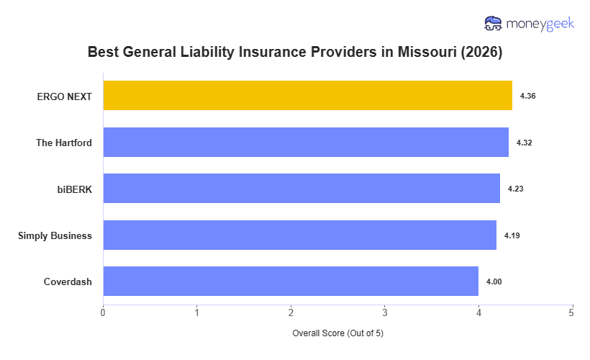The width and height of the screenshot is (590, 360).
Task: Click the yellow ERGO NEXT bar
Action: pyautogui.click(x=307, y=96)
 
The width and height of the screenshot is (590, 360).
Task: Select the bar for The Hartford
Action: pyautogui.click(x=306, y=143)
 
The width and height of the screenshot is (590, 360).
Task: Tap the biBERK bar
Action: pyautogui.click(x=301, y=189)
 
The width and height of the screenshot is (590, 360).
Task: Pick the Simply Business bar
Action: pyautogui.click(x=299, y=235)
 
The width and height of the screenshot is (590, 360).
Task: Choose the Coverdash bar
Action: pyautogui.click(x=291, y=282)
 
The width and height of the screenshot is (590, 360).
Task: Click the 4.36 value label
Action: pyautogui.click(x=527, y=96)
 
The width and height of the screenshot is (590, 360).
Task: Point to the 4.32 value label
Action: pyautogui.click(x=524, y=143)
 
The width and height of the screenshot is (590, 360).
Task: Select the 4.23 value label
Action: pyautogui.click(x=515, y=189)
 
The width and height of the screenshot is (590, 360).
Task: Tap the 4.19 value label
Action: pyautogui.click(x=512, y=235)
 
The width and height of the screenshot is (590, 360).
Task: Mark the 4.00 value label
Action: pyautogui.click(x=494, y=282)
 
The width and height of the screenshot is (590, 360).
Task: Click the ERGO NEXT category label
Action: pyautogui.click(x=64, y=96)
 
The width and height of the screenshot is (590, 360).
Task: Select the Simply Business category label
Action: pyautogui.click(x=55, y=235)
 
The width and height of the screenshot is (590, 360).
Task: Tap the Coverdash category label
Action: pyautogui.click(x=68, y=282)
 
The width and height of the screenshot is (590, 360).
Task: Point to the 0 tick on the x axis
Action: pyautogui.click(x=103, y=312)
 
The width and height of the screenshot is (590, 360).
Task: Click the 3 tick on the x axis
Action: pyautogui.click(x=384, y=312)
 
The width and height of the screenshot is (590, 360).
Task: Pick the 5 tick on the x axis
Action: pyautogui.click(x=572, y=312)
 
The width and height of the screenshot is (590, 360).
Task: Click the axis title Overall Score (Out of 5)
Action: pyautogui.click(x=337, y=334)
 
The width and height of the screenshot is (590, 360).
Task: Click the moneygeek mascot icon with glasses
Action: pyautogui.click(x=494, y=24)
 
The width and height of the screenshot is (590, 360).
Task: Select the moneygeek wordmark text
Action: pyautogui.click(x=540, y=24)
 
